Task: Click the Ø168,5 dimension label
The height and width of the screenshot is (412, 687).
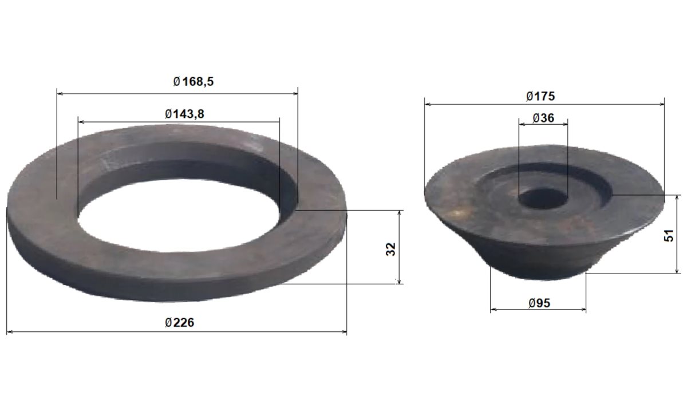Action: click(193, 82)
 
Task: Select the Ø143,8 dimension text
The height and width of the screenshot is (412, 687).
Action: click(184, 114)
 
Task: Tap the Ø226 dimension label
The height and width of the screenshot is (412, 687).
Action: click(179, 323)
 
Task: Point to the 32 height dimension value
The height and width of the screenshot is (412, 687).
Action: click(391, 249)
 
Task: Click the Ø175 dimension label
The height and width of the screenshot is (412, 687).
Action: click(540, 96)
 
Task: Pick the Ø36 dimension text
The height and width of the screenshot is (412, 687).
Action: click(543, 118)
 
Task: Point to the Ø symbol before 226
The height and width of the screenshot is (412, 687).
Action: click(168, 323)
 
